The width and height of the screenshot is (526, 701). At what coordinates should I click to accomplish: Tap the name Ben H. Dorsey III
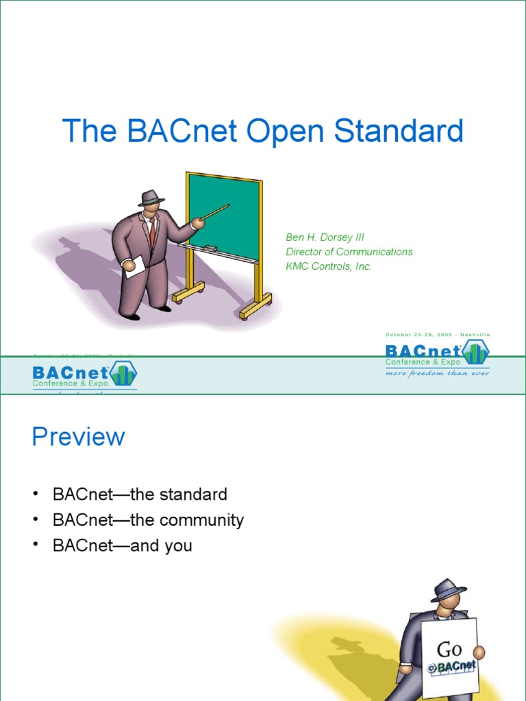click(x=325, y=237)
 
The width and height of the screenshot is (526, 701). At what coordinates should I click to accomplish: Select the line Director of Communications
click(x=349, y=252)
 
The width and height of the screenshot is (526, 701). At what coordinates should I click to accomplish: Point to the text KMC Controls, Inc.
click(x=328, y=266)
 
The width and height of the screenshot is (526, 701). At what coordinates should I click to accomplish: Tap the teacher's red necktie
click(x=152, y=233)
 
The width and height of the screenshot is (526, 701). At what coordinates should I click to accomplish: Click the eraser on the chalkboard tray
click(x=211, y=246)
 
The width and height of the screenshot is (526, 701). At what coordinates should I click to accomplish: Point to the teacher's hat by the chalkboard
click(x=151, y=198)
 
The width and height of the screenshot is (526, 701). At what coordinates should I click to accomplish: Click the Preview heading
click(x=78, y=437)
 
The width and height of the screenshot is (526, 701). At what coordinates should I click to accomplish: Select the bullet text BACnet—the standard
click(x=139, y=494)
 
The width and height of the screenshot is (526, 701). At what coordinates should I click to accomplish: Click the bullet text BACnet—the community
click(x=148, y=520)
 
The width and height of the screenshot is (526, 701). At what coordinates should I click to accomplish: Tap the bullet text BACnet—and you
click(x=122, y=546)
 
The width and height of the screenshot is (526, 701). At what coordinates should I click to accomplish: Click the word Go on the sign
click(x=449, y=648)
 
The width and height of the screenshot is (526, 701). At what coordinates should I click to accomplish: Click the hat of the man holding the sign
click(x=449, y=590)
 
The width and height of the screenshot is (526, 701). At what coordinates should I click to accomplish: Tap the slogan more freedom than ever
click(x=437, y=374)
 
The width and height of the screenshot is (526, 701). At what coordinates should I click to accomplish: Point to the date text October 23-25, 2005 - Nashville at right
click(x=438, y=334)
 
